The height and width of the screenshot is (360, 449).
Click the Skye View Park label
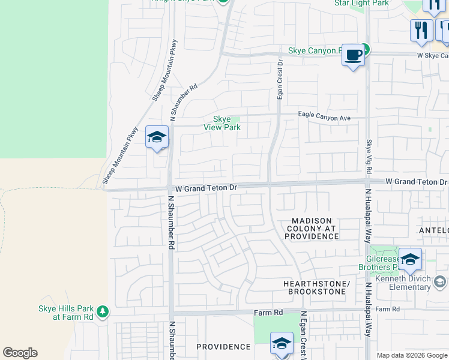222,123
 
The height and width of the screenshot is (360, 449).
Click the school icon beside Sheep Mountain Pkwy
157,137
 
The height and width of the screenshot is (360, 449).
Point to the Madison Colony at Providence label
312,229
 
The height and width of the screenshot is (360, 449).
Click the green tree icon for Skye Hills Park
103,311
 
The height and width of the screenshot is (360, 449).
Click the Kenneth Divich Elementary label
402,283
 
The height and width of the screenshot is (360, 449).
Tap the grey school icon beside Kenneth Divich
440,281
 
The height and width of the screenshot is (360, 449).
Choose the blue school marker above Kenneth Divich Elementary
410,260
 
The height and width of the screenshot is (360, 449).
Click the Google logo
20,353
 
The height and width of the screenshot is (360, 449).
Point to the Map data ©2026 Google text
412,355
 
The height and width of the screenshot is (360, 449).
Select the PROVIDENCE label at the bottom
223,347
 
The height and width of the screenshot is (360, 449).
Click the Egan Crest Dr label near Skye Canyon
280,80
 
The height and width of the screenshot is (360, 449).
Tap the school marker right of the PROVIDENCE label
282,344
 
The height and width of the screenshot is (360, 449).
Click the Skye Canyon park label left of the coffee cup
315,50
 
